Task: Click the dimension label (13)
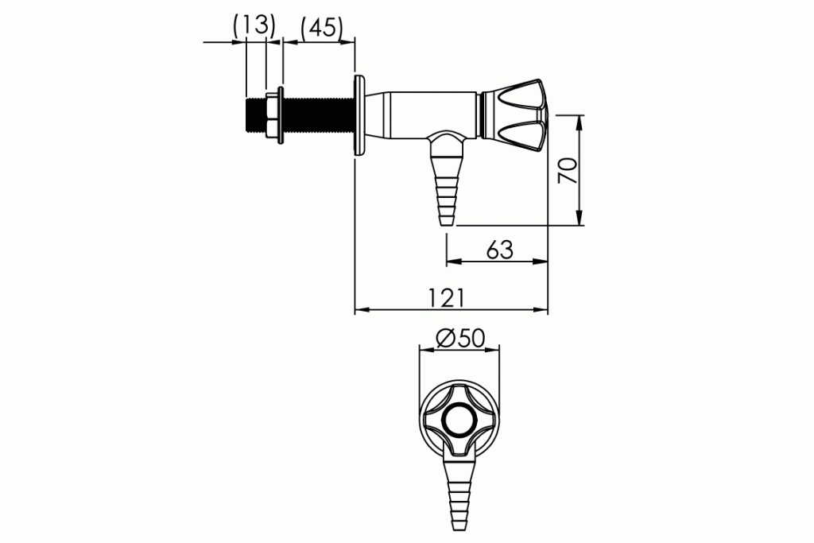pos(254,25)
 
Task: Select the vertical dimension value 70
pos(566,169)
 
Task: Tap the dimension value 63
pos(498,250)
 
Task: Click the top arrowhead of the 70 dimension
pos(579,120)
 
